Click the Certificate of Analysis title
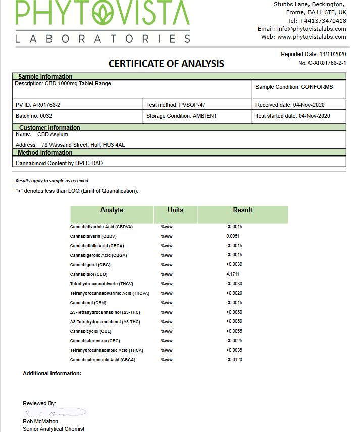pos(166,64)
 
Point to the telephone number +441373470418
pos(323,21)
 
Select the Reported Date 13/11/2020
pos(314,54)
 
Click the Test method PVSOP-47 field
pos(176,105)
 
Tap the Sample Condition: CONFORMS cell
pos(294,87)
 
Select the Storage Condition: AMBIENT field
pos(182,116)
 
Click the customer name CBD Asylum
pos(53,135)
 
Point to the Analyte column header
pos(112,210)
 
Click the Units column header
pos(175,210)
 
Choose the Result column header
pos(243,210)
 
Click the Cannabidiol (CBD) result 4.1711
pos(233,274)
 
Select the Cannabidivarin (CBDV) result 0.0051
pos(233,236)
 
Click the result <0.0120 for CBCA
pos(234,360)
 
